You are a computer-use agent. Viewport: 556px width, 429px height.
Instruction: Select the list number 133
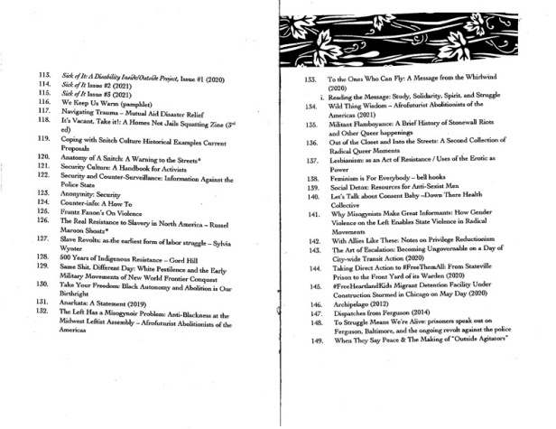(x=309, y=80)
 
